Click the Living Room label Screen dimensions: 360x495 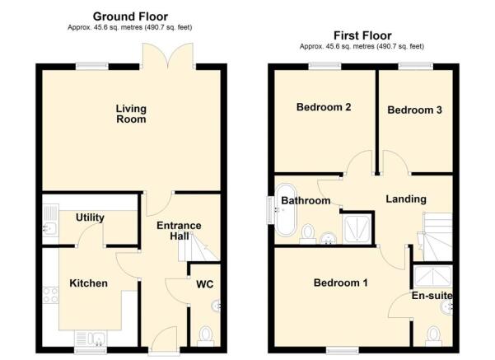tap(130, 114)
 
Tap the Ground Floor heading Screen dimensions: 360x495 tap(129, 16)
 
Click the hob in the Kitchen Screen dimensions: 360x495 tap(49, 293)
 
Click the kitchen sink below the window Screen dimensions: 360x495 tap(90, 337)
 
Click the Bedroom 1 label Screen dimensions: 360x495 tap(340, 283)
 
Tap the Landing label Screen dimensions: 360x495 tap(406, 199)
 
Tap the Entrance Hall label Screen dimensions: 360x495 tap(179, 231)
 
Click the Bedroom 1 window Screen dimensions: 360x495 tap(341, 350)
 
